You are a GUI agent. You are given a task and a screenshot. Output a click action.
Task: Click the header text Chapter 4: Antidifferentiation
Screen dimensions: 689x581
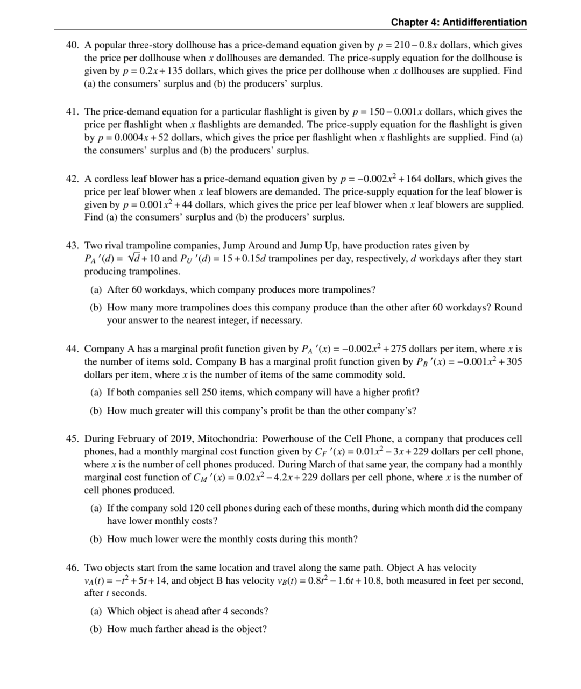(459, 22)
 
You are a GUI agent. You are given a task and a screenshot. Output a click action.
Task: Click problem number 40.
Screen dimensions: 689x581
(73, 45)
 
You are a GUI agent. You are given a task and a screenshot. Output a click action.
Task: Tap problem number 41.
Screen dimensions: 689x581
(73, 112)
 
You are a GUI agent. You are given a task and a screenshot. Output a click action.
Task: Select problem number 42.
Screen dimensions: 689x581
(73, 179)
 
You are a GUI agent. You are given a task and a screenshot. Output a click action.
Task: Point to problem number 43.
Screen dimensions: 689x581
(73, 246)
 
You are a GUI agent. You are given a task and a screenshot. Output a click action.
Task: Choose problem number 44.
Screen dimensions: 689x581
(73, 349)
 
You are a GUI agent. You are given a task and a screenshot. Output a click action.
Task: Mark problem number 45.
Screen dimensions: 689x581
(73, 439)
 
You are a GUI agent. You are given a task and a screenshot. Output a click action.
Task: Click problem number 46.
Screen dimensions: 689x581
(73, 568)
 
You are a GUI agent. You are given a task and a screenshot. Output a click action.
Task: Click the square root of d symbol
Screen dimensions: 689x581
(130, 259)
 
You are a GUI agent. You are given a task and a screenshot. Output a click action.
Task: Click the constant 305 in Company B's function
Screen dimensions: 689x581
(514, 362)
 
